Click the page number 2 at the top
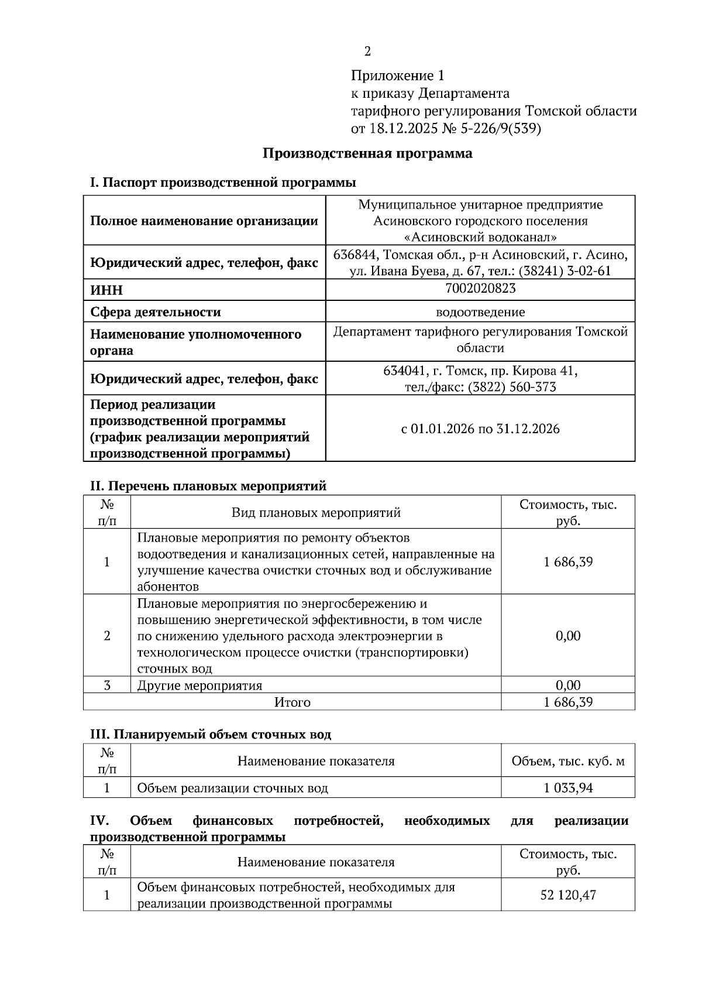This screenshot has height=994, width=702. click(367, 52)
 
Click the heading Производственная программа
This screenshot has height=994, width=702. click(367, 153)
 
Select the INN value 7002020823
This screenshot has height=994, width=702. click(480, 288)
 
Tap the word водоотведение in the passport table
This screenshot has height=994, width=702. click(480, 312)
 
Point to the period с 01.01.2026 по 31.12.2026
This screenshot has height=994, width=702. click(480, 429)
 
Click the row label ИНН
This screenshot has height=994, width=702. click(106, 290)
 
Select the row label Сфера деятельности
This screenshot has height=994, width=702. click(156, 312)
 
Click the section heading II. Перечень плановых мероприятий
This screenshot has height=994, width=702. click(208, 485)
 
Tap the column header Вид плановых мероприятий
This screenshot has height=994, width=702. click(316, 513)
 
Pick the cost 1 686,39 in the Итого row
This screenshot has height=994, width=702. click(567, 701)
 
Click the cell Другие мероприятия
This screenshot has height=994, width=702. click(199, 685)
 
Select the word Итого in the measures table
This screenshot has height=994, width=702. click(292, 701)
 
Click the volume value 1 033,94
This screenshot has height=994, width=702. click(567, 788)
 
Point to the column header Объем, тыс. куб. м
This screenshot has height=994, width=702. click(567, 761)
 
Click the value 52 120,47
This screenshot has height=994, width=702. click(567, 895)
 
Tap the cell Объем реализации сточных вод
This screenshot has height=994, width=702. click(232, 788)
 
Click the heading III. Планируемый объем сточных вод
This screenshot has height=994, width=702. click(211, 734)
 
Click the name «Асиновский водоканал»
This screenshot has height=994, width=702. click(480, 237)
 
